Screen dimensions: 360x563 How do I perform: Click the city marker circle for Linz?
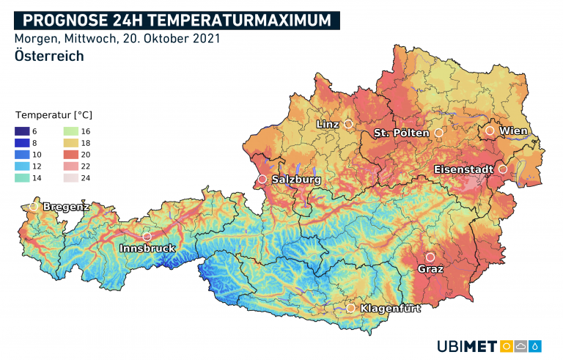[x=348, y=124]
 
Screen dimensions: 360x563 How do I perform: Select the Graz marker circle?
[x=430, y=257]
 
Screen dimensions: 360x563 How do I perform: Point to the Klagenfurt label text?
[x=390, y=309]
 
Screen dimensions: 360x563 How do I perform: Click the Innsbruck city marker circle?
[x=147, y=237]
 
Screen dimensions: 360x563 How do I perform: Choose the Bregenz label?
[x=66, y=207]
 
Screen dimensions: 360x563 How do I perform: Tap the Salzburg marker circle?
[x=262, y=179]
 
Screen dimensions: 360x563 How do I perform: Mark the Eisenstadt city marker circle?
[x=503, y=169]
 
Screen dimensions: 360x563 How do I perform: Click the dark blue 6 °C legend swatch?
[x=22, y=130]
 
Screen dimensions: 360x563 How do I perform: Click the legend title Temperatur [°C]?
[x=54, y=115]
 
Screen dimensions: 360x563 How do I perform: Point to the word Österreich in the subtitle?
[x=48, y=56]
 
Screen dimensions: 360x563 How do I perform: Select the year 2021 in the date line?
[x=205, y=38]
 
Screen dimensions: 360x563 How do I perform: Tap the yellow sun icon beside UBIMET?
[x=506, y=346]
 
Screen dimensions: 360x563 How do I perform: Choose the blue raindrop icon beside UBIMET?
[x=537, y=346]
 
